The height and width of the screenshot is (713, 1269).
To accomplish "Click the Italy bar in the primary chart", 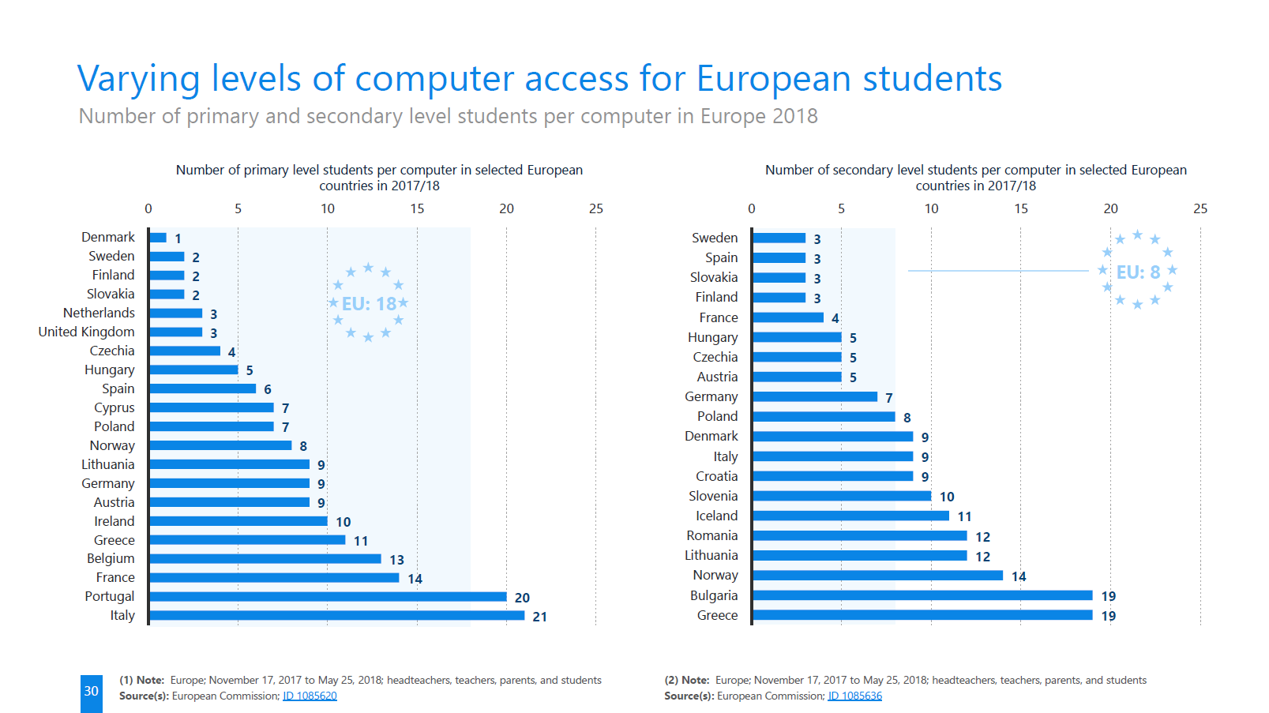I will [336, 615].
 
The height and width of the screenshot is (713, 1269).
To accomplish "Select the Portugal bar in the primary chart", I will [328, 596].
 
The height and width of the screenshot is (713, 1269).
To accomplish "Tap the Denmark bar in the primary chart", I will [158, 237].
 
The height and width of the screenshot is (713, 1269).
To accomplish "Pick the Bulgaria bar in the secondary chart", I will [922, 595].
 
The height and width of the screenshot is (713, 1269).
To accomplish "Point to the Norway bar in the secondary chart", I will [877, 576].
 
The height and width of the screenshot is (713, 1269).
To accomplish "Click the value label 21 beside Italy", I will [540, 617].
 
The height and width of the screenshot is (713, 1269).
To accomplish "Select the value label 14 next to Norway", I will [1019, 576].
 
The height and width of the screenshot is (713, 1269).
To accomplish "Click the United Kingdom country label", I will [87, 332].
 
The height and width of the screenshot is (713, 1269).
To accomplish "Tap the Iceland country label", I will [716, 516].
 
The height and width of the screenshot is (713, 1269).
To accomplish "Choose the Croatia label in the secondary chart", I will [716, 476].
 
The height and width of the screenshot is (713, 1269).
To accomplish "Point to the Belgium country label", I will [111, 558].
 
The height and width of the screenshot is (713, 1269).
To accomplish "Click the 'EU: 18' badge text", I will [369, 304].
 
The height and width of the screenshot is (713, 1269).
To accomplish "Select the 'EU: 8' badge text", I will [1138, 272].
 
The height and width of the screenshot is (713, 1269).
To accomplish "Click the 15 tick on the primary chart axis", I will [417, 208].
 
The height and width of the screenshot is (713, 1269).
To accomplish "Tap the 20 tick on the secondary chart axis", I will [1110, 208].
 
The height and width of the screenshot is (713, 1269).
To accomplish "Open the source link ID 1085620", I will [310, 696].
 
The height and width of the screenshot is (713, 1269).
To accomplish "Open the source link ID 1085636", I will [854, 696].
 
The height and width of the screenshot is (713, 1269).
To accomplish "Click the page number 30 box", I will [92, 692].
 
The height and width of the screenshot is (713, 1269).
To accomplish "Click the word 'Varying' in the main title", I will [138, 79].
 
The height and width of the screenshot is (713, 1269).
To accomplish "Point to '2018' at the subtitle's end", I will [794, 116].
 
